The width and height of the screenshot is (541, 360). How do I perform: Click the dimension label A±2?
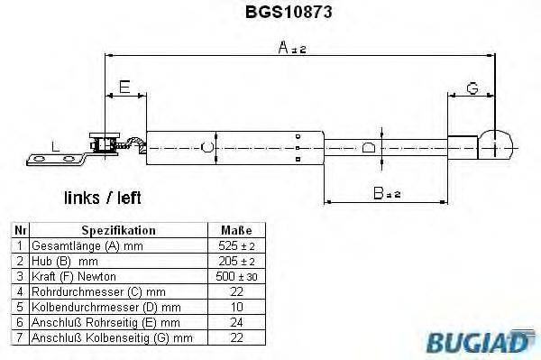pyautogui.click(x=292, y=50)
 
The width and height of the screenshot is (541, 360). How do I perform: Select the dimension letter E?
pyautogui.click(x=124, y=87)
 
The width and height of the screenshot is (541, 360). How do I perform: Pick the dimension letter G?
pyautogui.click(x=472, y=87)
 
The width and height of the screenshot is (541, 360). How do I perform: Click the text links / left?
pyautogui.click(x=102, y=196)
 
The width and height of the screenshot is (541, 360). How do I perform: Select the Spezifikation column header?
pyautogui.click(x=118, y=229)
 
